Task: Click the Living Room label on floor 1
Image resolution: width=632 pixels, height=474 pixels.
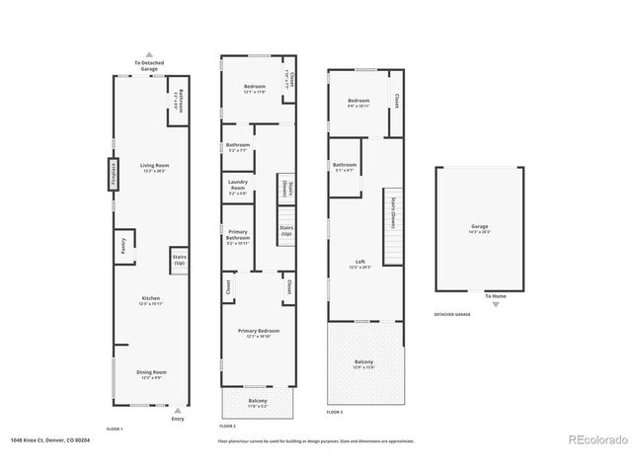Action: [154, 168]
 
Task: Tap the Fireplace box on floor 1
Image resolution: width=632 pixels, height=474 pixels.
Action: [114, 173]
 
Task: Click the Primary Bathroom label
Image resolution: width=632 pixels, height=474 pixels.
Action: [238, 237]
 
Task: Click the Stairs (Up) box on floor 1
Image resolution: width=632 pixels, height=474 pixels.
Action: [180, 261]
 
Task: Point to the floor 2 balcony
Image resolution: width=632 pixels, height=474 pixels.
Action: [258, 402]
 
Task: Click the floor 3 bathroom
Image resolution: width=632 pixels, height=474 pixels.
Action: [345, 167]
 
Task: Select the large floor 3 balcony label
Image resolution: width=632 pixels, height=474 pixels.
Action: [364, 364]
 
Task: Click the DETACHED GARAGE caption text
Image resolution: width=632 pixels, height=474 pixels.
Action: [452, 314]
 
